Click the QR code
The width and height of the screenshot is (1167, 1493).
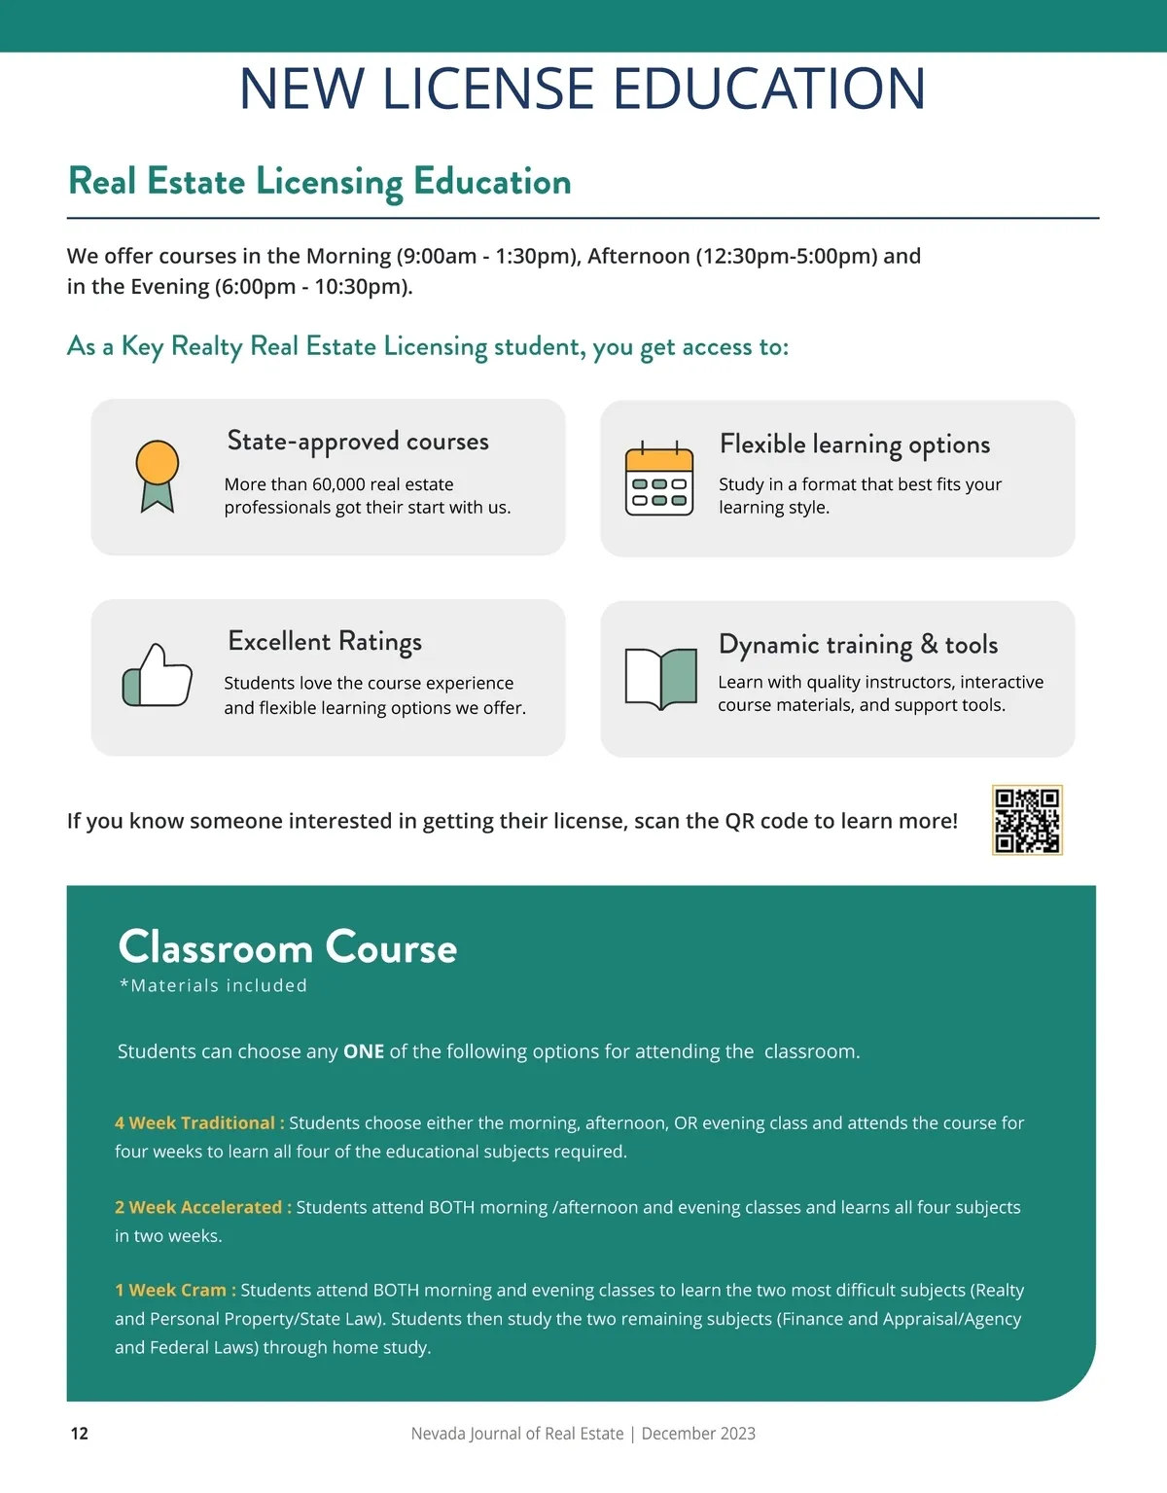point(1027,820)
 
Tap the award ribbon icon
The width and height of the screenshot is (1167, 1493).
point(157,476)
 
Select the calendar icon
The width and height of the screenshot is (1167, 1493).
point(659,479)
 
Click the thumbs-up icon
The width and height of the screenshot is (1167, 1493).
point(157,675)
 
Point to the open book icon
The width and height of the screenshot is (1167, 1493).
point(661,678)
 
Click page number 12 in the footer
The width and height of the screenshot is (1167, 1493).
point(80,1433)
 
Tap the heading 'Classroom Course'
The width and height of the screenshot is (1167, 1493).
point(287,947)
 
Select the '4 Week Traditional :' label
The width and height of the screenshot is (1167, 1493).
point(199,1122)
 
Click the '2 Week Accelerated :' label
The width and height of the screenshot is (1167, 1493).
point(202,1207)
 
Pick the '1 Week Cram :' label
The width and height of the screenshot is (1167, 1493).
point(175,1290)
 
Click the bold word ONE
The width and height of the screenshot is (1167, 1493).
point(364,1051)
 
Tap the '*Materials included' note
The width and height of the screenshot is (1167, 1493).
point(213,985)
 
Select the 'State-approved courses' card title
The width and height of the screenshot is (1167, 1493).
point(358,442)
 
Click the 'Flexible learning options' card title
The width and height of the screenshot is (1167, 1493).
point(855,444)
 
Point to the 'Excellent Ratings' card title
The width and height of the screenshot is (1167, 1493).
point(325,642)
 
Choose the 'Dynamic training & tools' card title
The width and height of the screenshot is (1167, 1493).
point(858,645)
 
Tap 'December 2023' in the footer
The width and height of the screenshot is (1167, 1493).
point(698,1434)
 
